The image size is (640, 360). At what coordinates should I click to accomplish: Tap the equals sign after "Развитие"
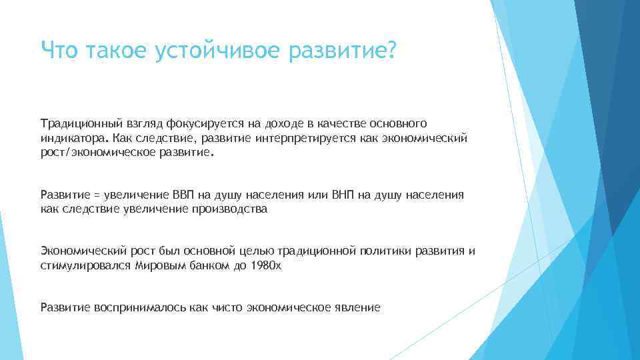(x=96, y=195)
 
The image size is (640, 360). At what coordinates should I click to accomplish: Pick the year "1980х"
(x=267, y=265)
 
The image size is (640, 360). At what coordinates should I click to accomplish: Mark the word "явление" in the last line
(x=359, y=307)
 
